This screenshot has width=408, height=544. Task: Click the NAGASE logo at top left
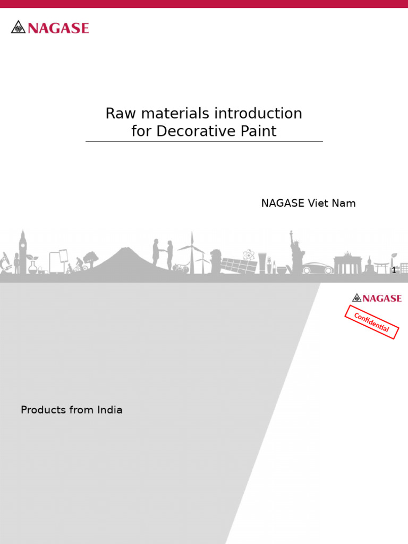[50, 27]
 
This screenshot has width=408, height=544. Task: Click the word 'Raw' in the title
[117, 113]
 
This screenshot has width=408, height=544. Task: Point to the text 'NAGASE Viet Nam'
[308, 203]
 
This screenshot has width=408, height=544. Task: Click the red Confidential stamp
[372, 322]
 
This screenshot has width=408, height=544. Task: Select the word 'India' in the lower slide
[109, 410]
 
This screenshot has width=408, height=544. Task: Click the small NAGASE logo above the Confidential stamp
[377, 298]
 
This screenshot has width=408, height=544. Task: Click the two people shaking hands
[163, 254]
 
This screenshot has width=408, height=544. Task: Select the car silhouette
[318, 268]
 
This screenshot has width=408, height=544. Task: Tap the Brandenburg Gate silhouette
[347, 265]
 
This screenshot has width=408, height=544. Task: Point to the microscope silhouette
[6, 261]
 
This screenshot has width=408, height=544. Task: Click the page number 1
[394, 270]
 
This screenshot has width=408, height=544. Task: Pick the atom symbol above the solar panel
[248, 255]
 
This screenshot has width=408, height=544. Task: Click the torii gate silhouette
[381, 267]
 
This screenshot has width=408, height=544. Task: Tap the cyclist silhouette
[79, 264]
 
